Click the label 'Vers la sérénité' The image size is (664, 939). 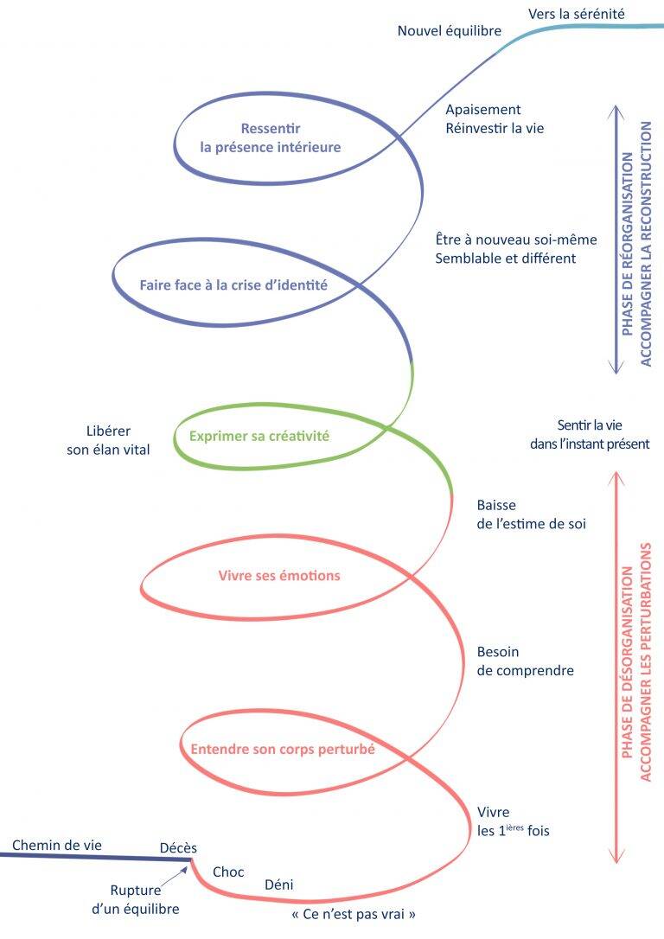pos(576,13)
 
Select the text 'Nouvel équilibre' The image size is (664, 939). pos(449,31)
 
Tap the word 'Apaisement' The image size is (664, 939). pos(482,110)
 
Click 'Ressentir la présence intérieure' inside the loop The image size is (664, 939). pos(270,138)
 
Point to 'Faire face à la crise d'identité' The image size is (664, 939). pos(233,284)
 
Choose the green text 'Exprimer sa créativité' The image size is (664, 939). pos(259,436)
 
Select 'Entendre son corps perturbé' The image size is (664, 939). pos(282,750)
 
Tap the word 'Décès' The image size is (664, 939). pos(178,848)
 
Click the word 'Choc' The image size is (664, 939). pos(228,871)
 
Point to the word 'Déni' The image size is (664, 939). pos(279,885)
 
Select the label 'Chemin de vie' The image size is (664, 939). pos(56,845)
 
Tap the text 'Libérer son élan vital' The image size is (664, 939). pos(108,440)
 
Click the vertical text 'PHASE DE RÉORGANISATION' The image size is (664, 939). pos(626,238)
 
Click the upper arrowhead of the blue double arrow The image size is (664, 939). pos(614,111)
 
